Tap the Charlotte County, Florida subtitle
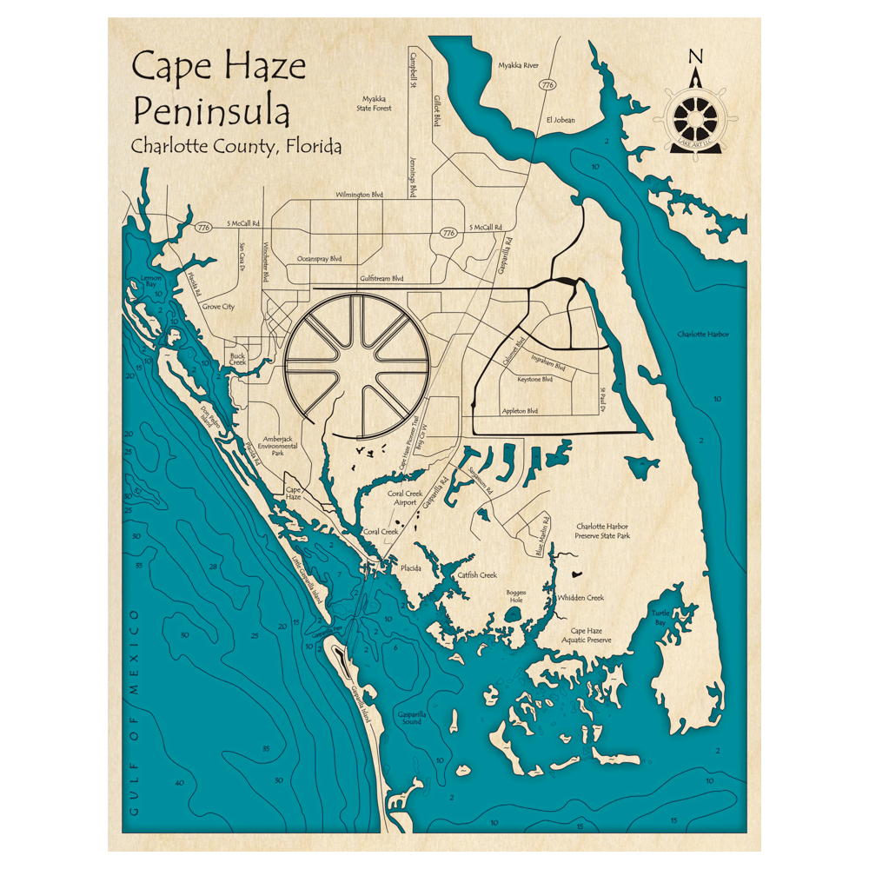click(x=235, y=146)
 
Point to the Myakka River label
click(x=519, y=65)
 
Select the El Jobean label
click(x=561, y=120)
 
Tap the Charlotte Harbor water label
click(x=703, y=334)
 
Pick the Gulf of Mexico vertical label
click(x=135, y=713)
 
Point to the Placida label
click(x=410, y=567)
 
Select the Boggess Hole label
click(x=516, y=597)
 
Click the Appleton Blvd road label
click(x=521, y=411)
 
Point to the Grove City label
click(x=218, y=307)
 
